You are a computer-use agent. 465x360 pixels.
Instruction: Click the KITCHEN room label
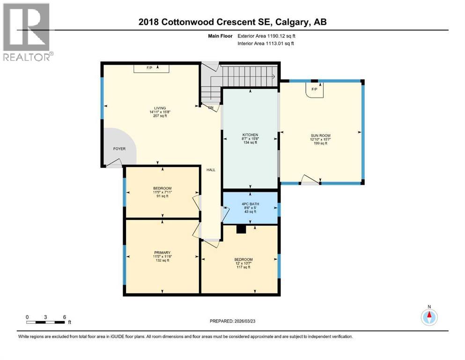click(x=250, y=135)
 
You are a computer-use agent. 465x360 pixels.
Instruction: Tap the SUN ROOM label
click(x=320, y=135)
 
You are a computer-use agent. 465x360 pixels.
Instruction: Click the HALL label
click(x=211, y=170)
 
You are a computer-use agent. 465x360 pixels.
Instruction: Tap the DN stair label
click(x=211, y=107)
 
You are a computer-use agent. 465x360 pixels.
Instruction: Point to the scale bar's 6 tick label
click(x=64, y=317)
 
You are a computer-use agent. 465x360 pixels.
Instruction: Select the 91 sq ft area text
click(x=162, y=196)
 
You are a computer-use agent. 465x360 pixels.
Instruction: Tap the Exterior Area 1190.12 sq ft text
click(x=267, y=35)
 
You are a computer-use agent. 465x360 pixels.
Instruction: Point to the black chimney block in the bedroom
click(x=241, y=229)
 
